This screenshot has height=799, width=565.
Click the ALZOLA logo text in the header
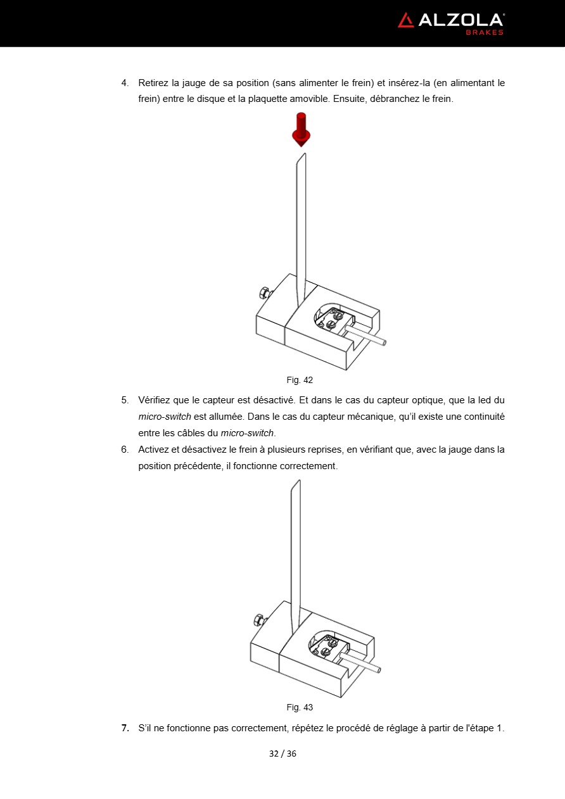[460, 20]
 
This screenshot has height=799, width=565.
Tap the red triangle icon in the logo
[405, 20]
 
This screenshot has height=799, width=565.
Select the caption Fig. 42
[300, 381]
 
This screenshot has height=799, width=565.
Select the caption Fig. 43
[300, 707]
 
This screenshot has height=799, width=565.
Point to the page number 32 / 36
[282, 753]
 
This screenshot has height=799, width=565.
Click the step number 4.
[125, 83]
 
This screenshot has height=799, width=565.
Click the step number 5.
[125, 400]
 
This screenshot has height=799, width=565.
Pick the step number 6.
[125, 450]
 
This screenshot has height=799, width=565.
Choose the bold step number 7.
[125, 728]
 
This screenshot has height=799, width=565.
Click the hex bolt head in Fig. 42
[264, 293]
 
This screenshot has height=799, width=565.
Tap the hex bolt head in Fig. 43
[258, 619]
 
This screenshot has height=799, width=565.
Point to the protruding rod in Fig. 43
[363, 664]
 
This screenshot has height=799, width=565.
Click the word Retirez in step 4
[153, 83]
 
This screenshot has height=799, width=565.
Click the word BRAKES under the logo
[485, 32]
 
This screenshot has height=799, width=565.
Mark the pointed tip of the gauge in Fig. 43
[297, 482]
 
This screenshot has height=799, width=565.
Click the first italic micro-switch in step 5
[165, 417]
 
